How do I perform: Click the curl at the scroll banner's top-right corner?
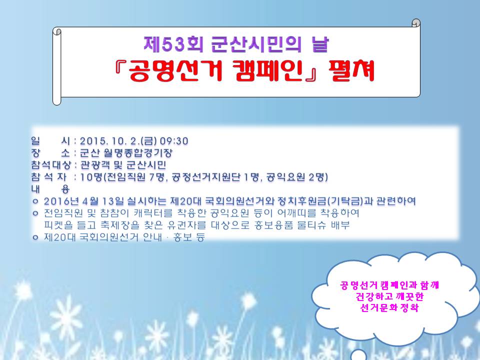(416, 23)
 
